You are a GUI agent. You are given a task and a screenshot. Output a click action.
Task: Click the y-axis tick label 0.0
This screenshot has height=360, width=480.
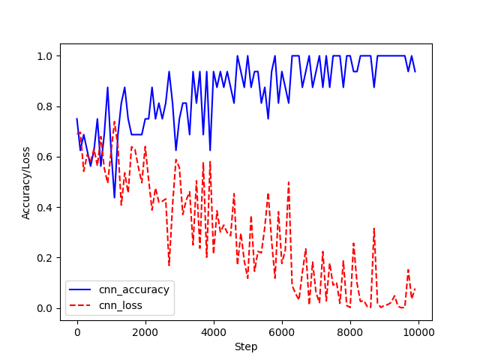(46, 308)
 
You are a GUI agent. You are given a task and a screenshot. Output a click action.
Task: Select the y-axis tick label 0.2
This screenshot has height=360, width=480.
(46, 258)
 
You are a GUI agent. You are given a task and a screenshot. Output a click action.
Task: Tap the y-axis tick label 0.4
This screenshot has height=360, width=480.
(46, 208)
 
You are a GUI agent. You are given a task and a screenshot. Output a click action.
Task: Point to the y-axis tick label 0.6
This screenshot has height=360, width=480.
(46, 157)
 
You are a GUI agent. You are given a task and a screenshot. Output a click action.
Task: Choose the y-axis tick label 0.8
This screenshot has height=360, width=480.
(46, 106)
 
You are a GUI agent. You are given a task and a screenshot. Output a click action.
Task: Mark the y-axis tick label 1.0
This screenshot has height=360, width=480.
(46, 56)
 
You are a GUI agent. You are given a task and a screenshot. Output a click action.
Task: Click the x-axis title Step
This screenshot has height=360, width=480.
(246, 346)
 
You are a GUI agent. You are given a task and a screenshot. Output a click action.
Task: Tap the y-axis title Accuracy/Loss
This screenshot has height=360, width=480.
(26, 183)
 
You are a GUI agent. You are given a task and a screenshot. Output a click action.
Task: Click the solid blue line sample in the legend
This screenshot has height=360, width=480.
(84, 289)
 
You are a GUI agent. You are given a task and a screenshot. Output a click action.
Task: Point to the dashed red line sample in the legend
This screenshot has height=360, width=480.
(84, 305)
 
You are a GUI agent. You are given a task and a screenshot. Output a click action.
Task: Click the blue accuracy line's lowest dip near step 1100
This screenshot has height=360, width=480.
(114, 197)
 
